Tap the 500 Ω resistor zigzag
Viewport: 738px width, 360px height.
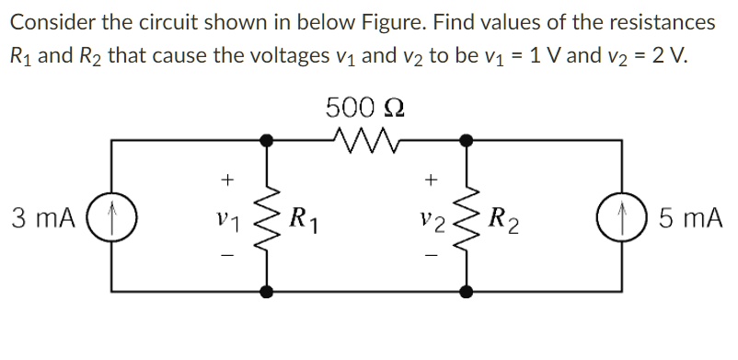point(366,141)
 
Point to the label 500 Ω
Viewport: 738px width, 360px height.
point(365,108)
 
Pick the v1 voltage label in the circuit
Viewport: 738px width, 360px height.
point(228,220)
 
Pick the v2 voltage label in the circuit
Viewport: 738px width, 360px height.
point(429,220)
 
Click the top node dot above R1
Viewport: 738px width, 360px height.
point(267,141)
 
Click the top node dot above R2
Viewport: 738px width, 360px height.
point(467,141)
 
